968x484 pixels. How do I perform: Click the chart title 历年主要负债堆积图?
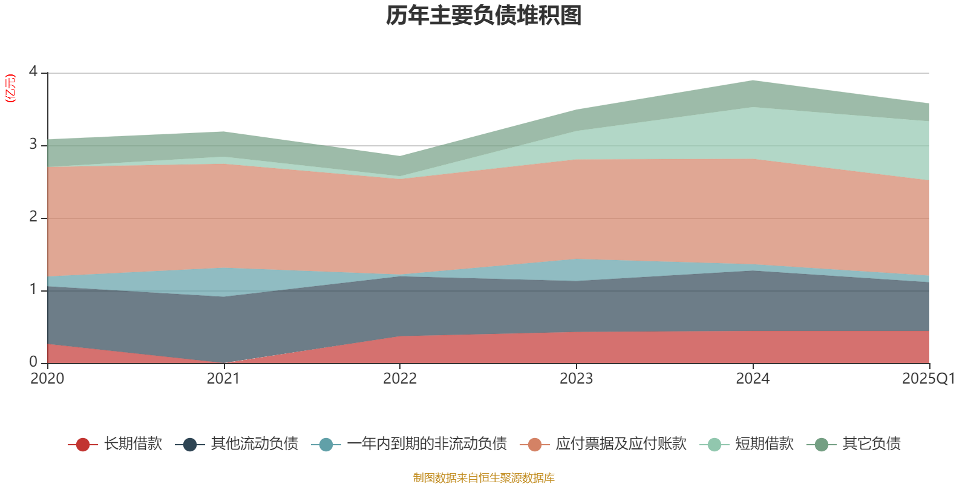point(484,16)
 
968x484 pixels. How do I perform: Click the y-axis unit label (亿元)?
point(10,88)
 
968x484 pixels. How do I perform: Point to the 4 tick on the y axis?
point(33,71)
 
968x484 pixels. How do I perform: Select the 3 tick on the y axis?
point(33,145)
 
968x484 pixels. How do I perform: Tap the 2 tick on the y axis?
point(33,217)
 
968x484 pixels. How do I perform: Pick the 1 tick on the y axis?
point(33,290)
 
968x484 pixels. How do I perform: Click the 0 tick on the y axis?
point(33,362)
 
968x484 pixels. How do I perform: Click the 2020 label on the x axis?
point(47,379)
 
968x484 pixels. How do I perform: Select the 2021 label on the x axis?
point(223,379)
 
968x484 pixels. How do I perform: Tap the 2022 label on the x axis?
point(400,379)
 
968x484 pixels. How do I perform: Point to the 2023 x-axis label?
point(576,379)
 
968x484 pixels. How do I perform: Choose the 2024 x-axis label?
point(753,379)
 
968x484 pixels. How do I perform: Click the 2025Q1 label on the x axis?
point(928,379)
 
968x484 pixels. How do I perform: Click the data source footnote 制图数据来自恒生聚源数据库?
point(484,478)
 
